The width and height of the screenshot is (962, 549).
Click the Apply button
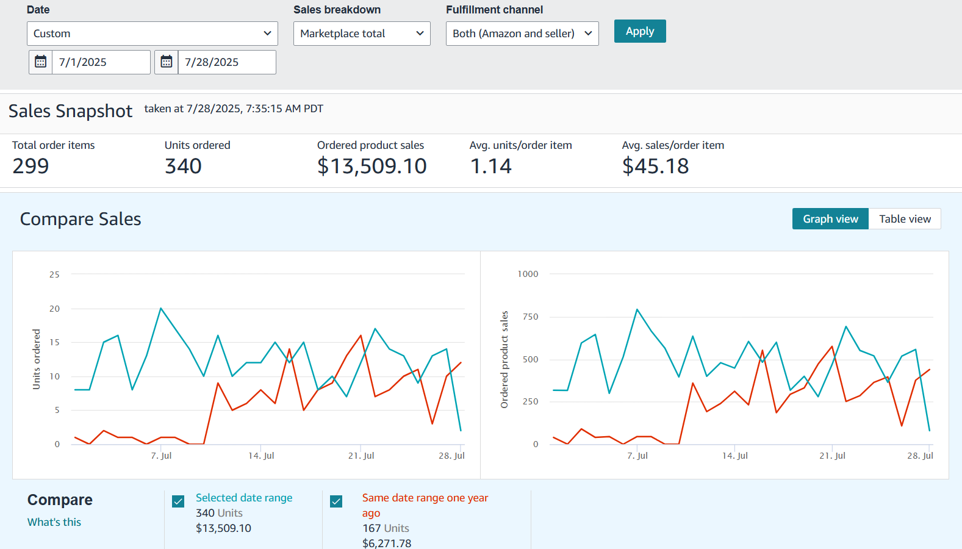pos(639,31)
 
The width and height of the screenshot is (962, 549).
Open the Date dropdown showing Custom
pos(152,34)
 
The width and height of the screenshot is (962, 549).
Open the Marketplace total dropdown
pos(361,34)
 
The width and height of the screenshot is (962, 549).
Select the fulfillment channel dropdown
pos(522,34)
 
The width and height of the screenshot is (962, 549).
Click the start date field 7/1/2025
pos(101,62)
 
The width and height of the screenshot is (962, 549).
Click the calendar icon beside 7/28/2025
pos(167,62)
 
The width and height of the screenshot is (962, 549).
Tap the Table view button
pos(904,219)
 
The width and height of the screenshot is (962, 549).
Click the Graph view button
pos(830,219)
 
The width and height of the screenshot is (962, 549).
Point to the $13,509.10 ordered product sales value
pos(372,166)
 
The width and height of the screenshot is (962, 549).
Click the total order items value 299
pos(31,166)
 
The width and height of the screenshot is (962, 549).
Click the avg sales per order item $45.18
pos(655,166)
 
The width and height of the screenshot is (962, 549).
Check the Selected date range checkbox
pos(178,501)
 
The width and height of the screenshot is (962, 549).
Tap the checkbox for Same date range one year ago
pos(336,501)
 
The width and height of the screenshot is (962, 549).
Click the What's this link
pos(54,522)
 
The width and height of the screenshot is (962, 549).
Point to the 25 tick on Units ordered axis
pos(54,274)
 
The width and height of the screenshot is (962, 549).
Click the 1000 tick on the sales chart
pos(528,274)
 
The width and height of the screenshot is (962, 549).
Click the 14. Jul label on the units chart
pos(261,456)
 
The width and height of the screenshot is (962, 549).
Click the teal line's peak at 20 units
pos(161,308)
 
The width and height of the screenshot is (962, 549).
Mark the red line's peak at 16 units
pos(361,335)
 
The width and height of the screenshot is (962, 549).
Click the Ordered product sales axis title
pos(504,360)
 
